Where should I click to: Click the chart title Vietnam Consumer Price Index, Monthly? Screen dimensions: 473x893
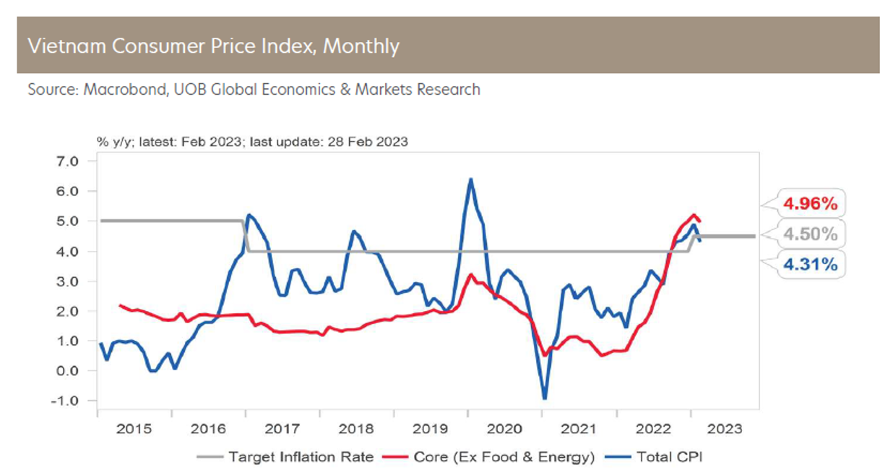pyautogui.click(x=213, y=46)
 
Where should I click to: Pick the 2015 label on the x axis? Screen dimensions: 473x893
pyautogui.click(x=134, y=428)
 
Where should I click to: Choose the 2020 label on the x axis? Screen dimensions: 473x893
pyautogui.click(x=505, y=428)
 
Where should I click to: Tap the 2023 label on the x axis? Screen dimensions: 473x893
pyautogui.click(x=725, y=428)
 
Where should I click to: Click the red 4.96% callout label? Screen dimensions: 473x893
pyautogui.click(x=810, y=204)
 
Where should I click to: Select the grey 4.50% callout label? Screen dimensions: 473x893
pyautogui.click(x=810, y=234)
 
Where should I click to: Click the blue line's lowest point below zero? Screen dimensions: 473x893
pyautogui.click(x=544, y=399)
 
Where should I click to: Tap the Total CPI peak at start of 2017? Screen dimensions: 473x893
pyautogui.click(x=249, y=215)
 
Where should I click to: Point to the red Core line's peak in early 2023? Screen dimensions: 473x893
pyautogui.click(x=694, y=215)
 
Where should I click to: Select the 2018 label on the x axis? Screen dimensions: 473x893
pyautogui.click(x=356, y=428)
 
